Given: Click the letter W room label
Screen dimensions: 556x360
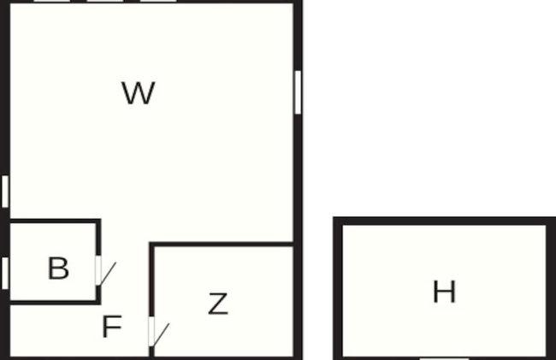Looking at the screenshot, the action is click(139, 93).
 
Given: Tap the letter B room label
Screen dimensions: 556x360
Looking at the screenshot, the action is click(58, 269).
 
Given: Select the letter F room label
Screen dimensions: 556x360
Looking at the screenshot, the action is click(112, 327).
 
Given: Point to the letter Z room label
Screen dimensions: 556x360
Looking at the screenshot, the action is click(218, 304).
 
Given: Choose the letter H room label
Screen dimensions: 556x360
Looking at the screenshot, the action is click(444, 292).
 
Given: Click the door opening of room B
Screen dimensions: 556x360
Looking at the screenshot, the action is click(98, 270).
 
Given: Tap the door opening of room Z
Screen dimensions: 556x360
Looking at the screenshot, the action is click(151, 331).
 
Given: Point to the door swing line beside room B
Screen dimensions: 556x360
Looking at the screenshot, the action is click(108, 273).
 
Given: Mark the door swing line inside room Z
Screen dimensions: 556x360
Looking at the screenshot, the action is click(161, 334).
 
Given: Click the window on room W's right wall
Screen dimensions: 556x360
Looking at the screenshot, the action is click(298, 92).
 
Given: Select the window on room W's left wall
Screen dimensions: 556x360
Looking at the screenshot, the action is click(5, 192).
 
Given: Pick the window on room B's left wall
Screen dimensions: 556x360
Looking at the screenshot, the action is click(5, 273).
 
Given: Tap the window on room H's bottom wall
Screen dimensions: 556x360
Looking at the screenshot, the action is click(444, 358).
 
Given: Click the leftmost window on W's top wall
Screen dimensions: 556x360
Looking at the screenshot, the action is click(52, 1).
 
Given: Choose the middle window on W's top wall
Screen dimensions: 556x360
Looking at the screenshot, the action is click(105, 1).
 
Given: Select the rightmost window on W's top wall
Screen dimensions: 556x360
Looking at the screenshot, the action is click(158, 1).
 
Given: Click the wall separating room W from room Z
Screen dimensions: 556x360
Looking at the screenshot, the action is click(222, 245).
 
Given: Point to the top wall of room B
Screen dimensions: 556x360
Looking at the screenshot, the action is click(55, 221).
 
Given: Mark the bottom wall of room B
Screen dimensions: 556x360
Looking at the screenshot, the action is click(55, 302).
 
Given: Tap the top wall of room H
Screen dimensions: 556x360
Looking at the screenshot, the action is click(444, 221).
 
